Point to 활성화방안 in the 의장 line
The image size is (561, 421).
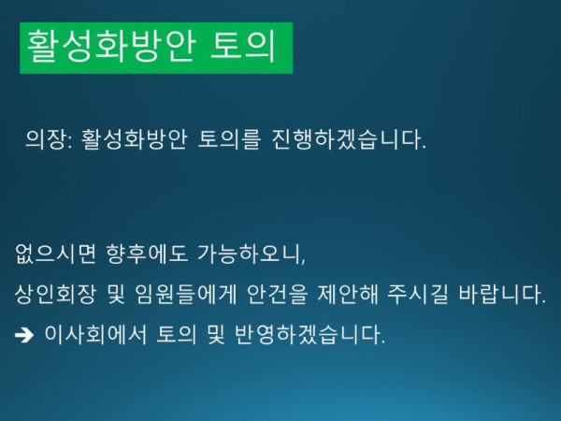(134, 142)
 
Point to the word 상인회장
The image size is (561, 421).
(51, 296)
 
